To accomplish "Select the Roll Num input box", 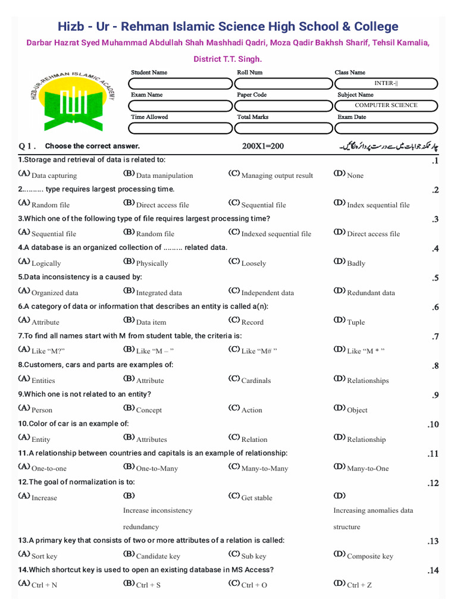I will pos(282,83).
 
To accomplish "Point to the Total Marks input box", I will pos(282,128).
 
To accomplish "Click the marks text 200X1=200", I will pos(263,146).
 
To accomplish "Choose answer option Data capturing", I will pos(54,175).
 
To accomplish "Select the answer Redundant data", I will pos(370,293).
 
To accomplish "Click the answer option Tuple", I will pos(355,322).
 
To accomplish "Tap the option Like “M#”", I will pos(259,351).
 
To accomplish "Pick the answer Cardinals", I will pos(255,381).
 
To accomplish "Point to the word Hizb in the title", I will pos(71,27).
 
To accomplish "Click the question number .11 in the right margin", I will pos(433,454).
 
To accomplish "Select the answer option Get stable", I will pos(256,498).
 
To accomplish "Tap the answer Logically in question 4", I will pos(46,263).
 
